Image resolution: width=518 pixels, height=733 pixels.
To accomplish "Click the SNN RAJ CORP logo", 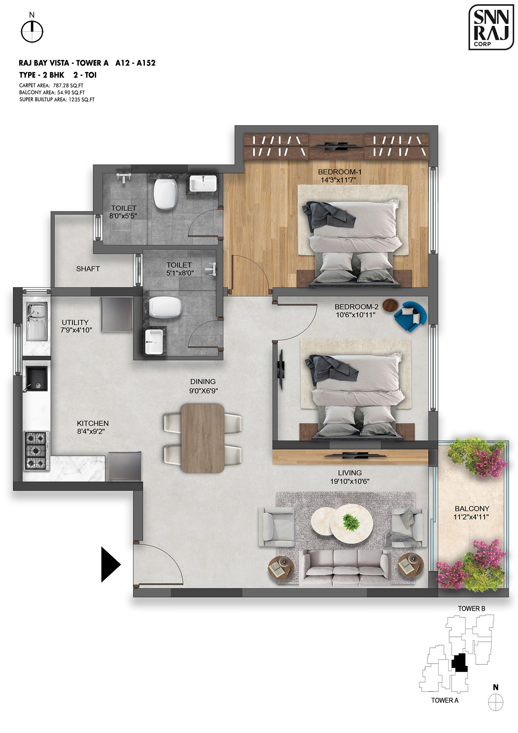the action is tap(491, 27).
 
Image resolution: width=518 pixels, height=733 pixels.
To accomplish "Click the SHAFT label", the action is tap(88, 269).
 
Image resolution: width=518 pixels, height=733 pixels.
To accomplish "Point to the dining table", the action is tap(203, 438).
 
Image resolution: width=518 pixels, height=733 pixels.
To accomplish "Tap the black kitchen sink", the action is tap(37, 379).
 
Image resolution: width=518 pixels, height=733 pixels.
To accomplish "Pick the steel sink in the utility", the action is tap(37, 321).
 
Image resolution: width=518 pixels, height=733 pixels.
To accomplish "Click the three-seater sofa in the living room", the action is tap(345, 567).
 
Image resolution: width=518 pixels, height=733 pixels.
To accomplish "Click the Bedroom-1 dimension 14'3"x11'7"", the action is tap(338, 180).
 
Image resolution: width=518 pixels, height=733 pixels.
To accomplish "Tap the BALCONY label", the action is tap(472, 509).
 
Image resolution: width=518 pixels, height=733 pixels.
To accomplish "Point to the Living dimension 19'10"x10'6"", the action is tap(350, 481).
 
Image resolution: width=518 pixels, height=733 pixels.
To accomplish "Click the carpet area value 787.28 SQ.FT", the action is tap(68, 86).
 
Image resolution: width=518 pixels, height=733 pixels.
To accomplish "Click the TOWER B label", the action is tap(471, 609).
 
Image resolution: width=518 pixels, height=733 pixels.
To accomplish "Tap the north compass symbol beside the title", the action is tap(32, 32).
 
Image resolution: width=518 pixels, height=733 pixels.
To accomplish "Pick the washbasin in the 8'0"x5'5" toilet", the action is tap(203, 184).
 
